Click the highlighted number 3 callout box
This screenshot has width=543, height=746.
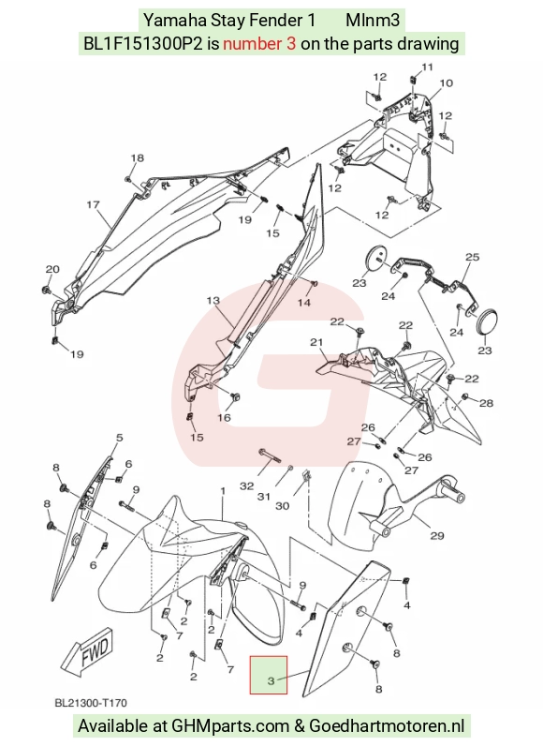[x=269, y=675]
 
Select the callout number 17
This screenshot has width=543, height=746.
[x=93, y=204]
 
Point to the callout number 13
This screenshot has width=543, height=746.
[x=213, y=300]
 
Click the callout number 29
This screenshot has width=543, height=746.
[x=437, y=536]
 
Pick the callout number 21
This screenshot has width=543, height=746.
[x=316, y=341]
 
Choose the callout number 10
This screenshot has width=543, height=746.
[x=446, y=83]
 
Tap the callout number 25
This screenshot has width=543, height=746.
[x=472, y=257]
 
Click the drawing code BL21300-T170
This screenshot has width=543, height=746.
[x=91, y=703]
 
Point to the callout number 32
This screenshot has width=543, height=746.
[x=247, y=485]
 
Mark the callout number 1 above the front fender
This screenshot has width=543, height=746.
[x=222, y=490]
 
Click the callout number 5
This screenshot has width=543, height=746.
[x=119, y=438]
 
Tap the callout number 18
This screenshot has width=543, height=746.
[x=138, y=158]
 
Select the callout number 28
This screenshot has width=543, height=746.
[x=487, y=403]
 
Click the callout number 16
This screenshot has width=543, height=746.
[x=225, y=417]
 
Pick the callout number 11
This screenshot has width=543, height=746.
[x=428, y=67]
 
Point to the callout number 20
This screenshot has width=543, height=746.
[x=52, y=269]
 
